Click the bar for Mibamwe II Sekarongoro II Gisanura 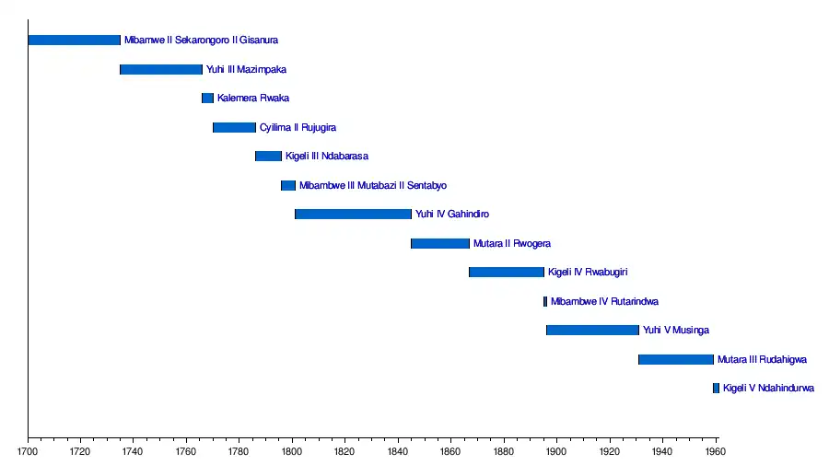coord(74,41)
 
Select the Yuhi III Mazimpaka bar coord(161,69)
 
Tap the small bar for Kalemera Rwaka coord(207,99)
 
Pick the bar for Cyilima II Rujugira coord(234,127)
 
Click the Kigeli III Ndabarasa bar coord(268,157)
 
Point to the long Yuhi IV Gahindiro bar coord(353,215)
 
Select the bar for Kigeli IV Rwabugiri coord(507,273)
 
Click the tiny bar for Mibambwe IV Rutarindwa coord(545,301)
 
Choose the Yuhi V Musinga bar coord(592,331)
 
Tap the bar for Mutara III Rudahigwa coord(676,359)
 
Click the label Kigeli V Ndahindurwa coord(768,389)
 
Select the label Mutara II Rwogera coord(511,244)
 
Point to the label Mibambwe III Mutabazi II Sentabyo coord(372,186)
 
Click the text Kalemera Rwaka coord(253,99)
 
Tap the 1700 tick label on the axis coord(28,452)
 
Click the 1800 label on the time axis coord(292,452)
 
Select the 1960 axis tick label coord(716,452)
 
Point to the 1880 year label coord(504,452)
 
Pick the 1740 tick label coord(134,452)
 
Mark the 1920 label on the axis coord(610,452)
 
